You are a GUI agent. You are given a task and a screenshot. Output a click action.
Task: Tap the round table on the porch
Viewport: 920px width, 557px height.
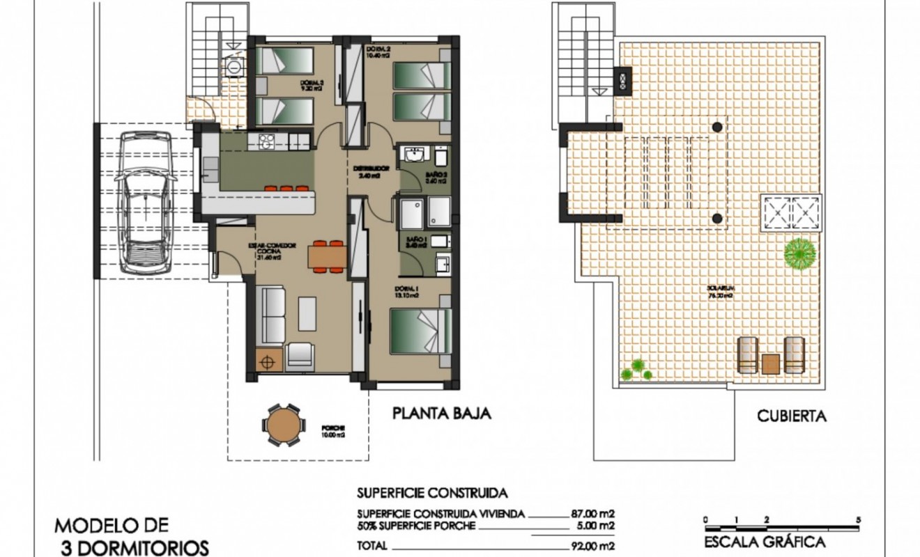(x=283, y=424)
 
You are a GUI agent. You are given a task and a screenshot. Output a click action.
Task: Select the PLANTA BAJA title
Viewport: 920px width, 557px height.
(x=442, y=414)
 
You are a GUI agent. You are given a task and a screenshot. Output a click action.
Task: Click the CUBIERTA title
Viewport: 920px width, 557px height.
(x=792, y=416)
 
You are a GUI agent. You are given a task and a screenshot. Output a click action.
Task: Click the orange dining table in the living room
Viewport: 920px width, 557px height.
(x=327, y=256)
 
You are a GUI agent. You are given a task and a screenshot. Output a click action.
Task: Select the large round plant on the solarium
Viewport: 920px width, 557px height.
(x=800, y=254)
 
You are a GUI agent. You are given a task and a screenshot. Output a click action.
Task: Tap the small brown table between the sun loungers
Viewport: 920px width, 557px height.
(x=771, y=363)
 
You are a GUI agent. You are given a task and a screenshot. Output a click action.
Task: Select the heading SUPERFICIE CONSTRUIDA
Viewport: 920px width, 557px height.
(x=431, y=493)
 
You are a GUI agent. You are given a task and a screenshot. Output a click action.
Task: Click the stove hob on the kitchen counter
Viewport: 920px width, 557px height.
(x=266, y=141)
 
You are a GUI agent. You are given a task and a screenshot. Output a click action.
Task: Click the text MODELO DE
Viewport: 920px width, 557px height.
(x=111, y=524)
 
